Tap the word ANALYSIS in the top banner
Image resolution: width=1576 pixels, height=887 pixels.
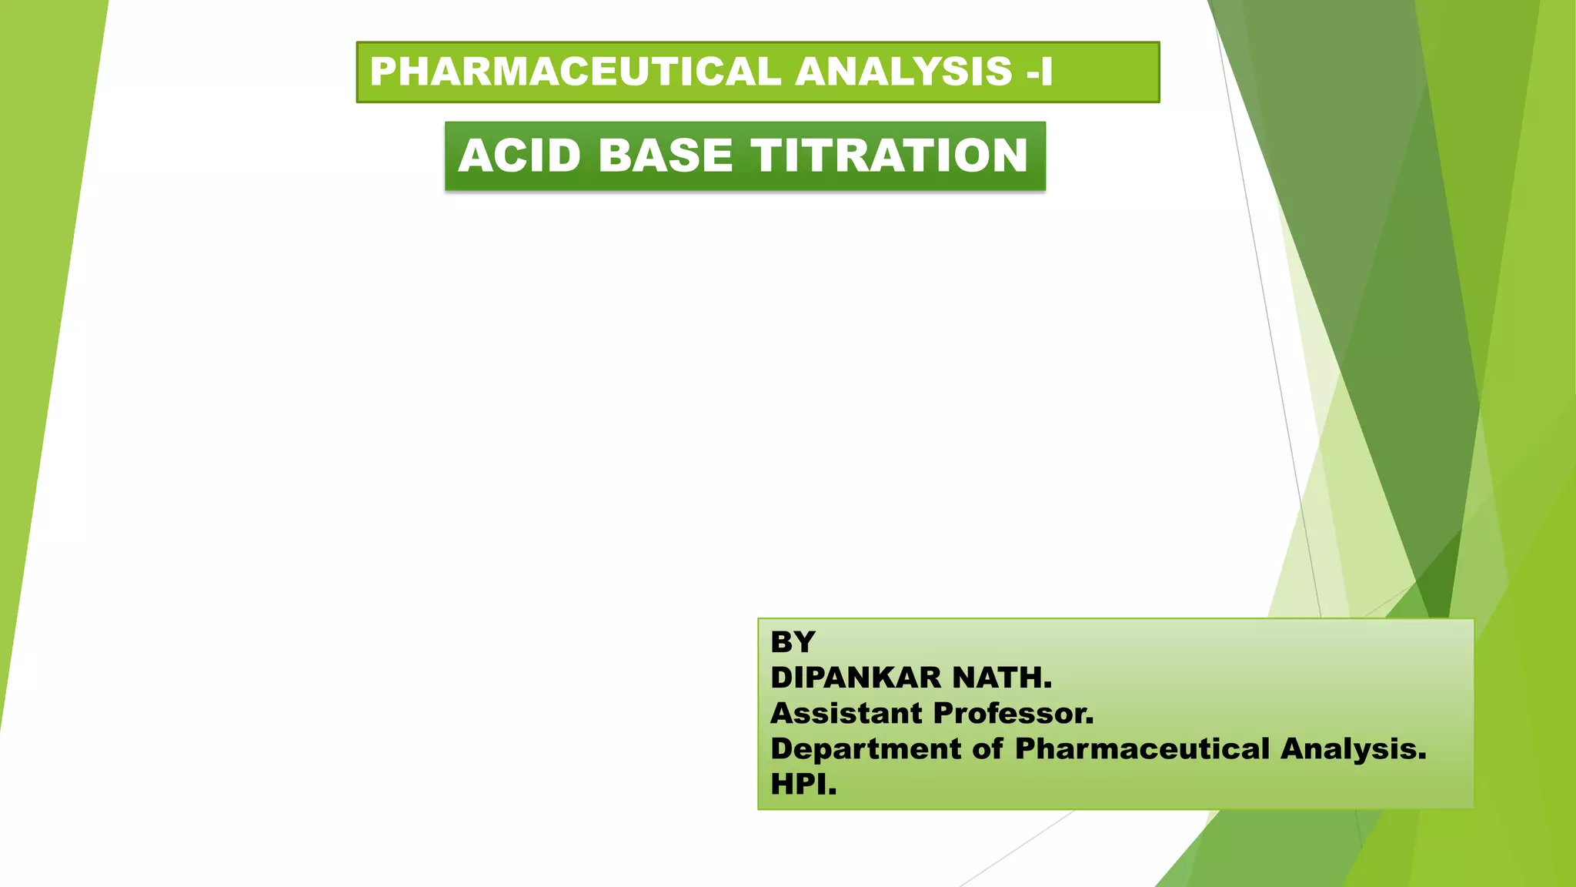[903, 72]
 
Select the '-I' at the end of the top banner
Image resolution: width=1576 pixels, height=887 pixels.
[1039, 72]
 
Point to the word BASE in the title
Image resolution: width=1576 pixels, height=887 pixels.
[666, 156]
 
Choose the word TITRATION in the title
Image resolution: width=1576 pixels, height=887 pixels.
[889, 156]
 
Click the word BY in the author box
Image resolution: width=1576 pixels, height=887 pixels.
[793, 641]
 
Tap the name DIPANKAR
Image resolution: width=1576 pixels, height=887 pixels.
[856, 678]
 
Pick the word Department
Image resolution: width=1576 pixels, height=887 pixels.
[866, 748]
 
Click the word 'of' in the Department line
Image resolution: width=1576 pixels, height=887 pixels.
[987, 748]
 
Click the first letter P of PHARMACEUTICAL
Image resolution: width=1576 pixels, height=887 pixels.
[382, 72]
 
